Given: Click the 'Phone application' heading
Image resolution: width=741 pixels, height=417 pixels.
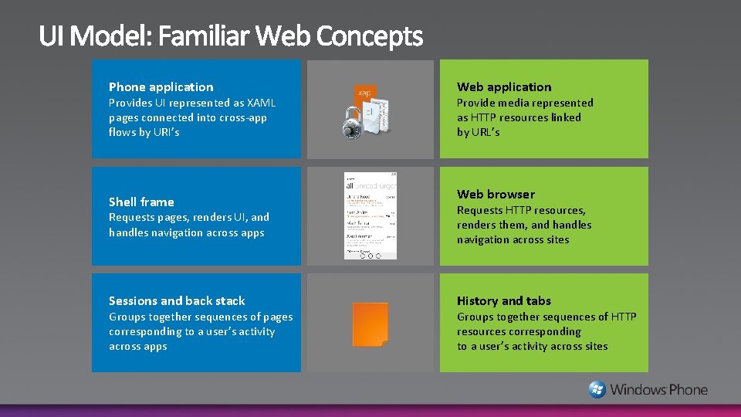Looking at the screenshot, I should click(x=161, y=87).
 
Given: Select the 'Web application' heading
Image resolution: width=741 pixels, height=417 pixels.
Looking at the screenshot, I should click(x=504, y=87).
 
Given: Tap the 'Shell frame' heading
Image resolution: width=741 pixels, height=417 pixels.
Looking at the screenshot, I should click(x=141, y=202).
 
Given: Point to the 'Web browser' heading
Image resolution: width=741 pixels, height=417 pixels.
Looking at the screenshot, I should click(x=496, y=195).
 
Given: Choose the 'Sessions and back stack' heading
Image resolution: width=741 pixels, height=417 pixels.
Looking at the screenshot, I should click(x=177, y=301).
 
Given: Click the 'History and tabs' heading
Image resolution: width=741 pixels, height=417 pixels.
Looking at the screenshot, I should click(x=504, y=301).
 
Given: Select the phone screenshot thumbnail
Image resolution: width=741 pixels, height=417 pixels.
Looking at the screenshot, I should click(x=370, y=215).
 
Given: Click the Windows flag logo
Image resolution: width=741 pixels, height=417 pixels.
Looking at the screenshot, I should click(x=597, y=389).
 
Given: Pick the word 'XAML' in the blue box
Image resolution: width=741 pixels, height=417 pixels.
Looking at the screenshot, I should click(x=261, y=103).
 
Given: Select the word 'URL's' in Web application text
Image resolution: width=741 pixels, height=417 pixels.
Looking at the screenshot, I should click(x=484, y=132).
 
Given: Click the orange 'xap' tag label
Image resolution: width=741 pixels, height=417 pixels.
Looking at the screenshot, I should click(x=364, y=93).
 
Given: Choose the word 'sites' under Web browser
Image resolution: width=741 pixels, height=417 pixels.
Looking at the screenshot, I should click(x=553, y=239).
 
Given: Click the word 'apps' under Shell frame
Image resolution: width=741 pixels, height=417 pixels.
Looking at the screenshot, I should click(x=251, y=232).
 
